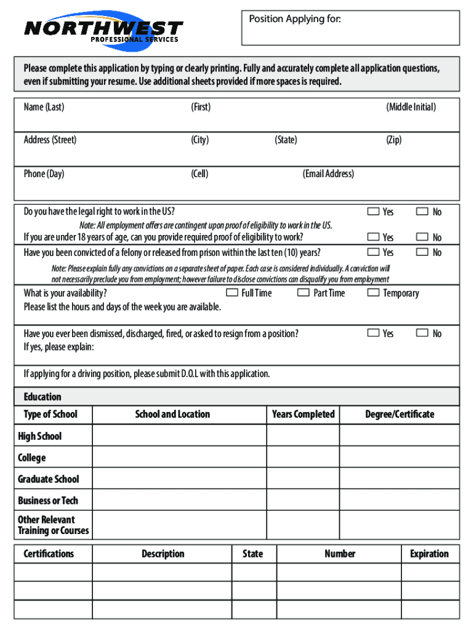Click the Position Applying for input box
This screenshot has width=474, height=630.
coord(350,32)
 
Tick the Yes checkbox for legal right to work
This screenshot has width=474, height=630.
coord(373,212)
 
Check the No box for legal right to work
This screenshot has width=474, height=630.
coord(422,212)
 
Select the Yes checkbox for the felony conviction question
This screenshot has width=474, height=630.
coord(373,252)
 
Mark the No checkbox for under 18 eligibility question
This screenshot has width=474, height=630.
coord(422,237)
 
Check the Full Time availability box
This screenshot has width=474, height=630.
coord(232,293)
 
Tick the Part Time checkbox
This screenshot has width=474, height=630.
coord(303,293)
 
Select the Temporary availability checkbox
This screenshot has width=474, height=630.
coord(373,293)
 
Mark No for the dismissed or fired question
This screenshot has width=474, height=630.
coord(422,333)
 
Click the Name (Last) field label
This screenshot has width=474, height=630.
coord(44,107)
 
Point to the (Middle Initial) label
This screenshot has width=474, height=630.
coord(411,107)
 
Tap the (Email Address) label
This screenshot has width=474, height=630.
coord(328,173)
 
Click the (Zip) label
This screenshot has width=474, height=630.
coord(393,140)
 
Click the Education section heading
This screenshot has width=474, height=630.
coord(42,397)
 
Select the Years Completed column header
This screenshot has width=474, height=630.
coord(303,414)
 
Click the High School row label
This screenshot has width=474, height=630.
coord(40,436)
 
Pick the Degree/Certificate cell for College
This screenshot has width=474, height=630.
coord(399,457)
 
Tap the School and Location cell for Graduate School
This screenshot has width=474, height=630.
coord(179,479)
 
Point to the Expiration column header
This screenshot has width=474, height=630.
coord(429,554)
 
